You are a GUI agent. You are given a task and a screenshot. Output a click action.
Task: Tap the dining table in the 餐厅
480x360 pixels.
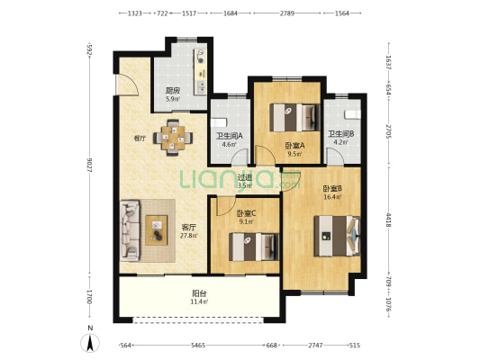pyautogui.click(x=173, y=138)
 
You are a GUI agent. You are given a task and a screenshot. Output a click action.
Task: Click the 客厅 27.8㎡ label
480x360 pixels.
pyautogui.click(x=188, y=231)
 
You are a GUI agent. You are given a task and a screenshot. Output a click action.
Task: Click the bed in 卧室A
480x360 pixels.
pyautogui.click(x=296, y=116)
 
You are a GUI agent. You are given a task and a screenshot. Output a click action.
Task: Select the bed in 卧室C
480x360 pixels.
pyautogui.click(x=251, y=245)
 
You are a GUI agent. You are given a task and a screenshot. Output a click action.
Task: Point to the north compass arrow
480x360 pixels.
pyautogui.click(x=89, y=343)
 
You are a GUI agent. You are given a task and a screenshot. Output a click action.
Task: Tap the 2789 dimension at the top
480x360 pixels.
pyautogui.click(x=287, y=13)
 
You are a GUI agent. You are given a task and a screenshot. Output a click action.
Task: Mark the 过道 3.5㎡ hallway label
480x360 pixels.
pyautogui.click(x=244, y=181)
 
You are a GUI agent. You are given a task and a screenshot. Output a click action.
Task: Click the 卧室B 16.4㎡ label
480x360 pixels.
pyautogui.click(x=331, y=192)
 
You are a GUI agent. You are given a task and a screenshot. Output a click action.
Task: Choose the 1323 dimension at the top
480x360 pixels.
pyautogui.click(x=135, y=13)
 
